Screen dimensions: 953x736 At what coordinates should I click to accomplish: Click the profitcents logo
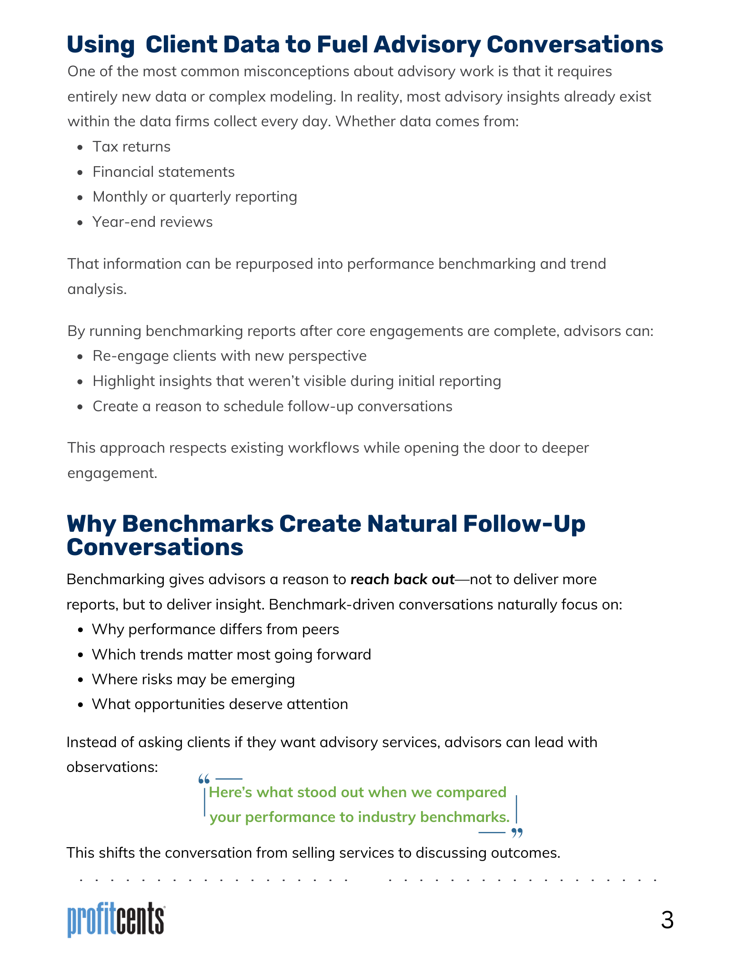point(116,919)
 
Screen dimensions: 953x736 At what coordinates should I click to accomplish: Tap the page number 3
point(667,920)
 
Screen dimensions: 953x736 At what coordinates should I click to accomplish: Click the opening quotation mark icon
point(204,780)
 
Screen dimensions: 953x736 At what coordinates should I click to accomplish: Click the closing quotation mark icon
point(517,833)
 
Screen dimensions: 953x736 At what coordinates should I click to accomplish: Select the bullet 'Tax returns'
point(131,147)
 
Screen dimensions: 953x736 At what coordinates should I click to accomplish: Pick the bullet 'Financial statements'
point(163,172)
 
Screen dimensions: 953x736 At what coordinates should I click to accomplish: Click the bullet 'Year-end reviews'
point(152,222)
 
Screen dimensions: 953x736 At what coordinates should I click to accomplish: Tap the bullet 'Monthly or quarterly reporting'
point(195,197)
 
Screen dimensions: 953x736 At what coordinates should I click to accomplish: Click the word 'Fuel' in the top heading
point(342,45)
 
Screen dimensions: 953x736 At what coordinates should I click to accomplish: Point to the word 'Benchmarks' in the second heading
point(198,524)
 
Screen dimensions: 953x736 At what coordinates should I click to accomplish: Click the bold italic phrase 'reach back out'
point(402,579)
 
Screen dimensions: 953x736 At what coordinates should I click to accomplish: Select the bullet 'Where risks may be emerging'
point(193,679)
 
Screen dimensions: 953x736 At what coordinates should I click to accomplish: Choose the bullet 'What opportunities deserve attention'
point(220,704)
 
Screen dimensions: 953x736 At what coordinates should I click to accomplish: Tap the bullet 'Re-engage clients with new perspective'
point(230,356)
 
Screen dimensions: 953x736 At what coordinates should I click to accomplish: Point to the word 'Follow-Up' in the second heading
point(524,524)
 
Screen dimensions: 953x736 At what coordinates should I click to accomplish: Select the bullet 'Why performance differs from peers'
point(215,629)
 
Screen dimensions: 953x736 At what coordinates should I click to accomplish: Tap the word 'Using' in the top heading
point(101,45)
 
